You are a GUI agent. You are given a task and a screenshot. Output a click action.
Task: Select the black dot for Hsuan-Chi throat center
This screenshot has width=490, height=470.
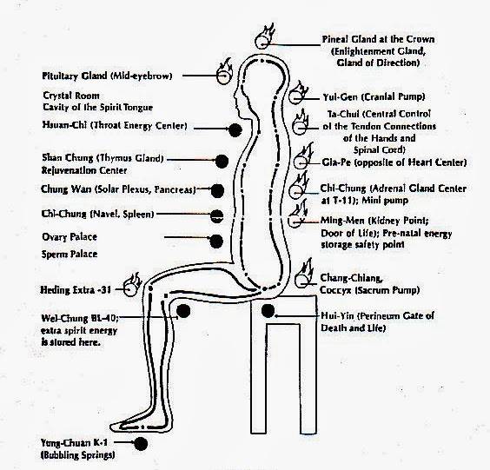coord(232,129)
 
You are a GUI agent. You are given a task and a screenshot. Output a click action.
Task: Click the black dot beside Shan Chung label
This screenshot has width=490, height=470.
coord(222,161)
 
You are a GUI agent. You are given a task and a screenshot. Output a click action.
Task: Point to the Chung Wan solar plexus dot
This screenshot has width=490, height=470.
coord(217,189)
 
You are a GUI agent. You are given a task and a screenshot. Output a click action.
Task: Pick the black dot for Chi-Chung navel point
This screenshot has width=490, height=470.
coord(216,214)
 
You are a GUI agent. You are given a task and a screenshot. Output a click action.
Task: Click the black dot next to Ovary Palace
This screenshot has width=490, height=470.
coord(215,240)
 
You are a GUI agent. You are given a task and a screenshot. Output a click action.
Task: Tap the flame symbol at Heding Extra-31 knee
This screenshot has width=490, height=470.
coord(133,282)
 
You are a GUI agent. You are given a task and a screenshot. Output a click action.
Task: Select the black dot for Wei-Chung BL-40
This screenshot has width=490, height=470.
coord(183,310)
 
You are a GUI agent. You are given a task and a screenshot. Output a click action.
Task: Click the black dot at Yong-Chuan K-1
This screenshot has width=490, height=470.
coord(142,444)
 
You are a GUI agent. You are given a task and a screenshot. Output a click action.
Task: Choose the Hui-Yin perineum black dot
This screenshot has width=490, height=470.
coord(268,310)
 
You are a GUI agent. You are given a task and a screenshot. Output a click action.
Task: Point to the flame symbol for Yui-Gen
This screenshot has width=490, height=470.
coord(304,90)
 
